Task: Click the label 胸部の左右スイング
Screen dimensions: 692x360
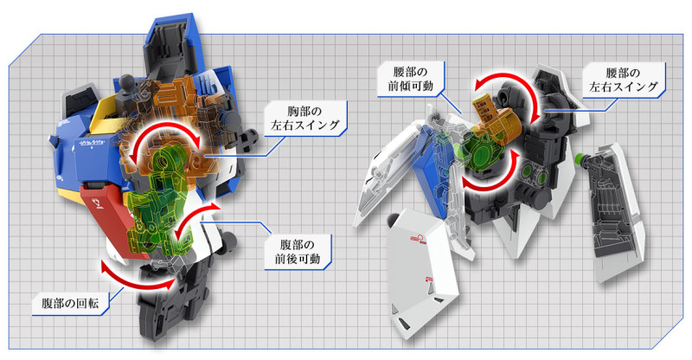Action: click(305, 118)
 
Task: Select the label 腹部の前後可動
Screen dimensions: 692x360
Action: click(298, 252)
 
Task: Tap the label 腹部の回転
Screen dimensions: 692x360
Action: click(71, 303)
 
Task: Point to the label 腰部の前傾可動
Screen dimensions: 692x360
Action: click(410, 79)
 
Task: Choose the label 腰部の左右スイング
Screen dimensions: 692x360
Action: click(624, 80)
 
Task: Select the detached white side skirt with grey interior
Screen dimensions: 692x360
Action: click(616, 212)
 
